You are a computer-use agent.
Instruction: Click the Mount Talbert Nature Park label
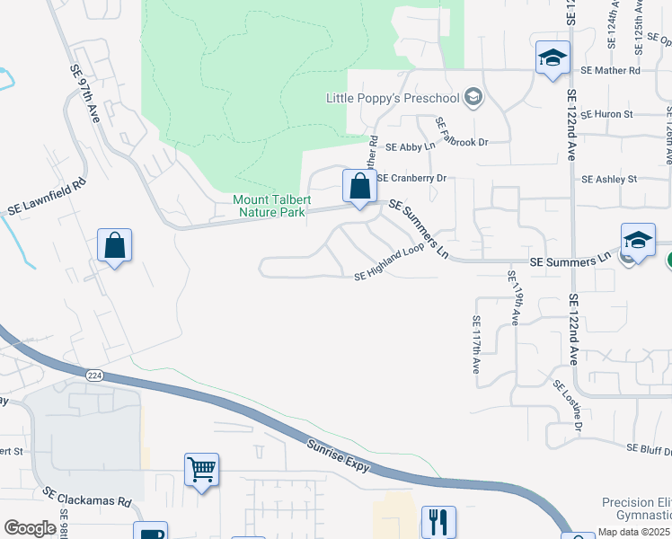click(x=269, y=206)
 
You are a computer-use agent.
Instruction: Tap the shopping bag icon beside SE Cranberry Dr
click(x=359, y=187)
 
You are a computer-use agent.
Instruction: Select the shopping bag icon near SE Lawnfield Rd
click(x=115, y=245)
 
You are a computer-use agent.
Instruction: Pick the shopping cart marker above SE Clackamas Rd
click(x=201, y=469)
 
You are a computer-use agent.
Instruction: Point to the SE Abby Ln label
click(x=410, y=146)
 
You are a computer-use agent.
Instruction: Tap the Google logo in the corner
click(x=30, y=528)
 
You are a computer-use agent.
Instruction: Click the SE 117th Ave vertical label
click(x=476, y=344)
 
